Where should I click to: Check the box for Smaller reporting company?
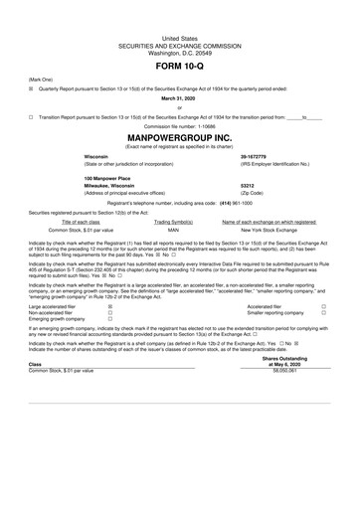point(323,315)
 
